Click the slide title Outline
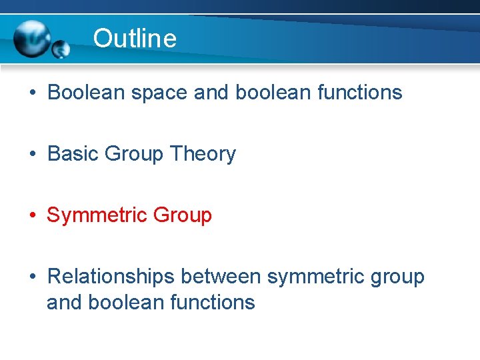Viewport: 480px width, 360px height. click(x=135, y=38)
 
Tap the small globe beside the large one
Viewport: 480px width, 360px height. click(x=61, y=49)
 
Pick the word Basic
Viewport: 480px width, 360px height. click(x=73, y=154)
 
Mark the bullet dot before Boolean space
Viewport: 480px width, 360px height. click(x=32, y=93)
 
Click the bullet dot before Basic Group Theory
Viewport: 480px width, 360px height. click(x=32, y=155)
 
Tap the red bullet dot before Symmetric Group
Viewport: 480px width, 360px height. click(x=32, y=216)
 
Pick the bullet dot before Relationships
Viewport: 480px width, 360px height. click(x=32, y=277)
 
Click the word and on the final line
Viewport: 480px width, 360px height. click(x=64, y=302)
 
